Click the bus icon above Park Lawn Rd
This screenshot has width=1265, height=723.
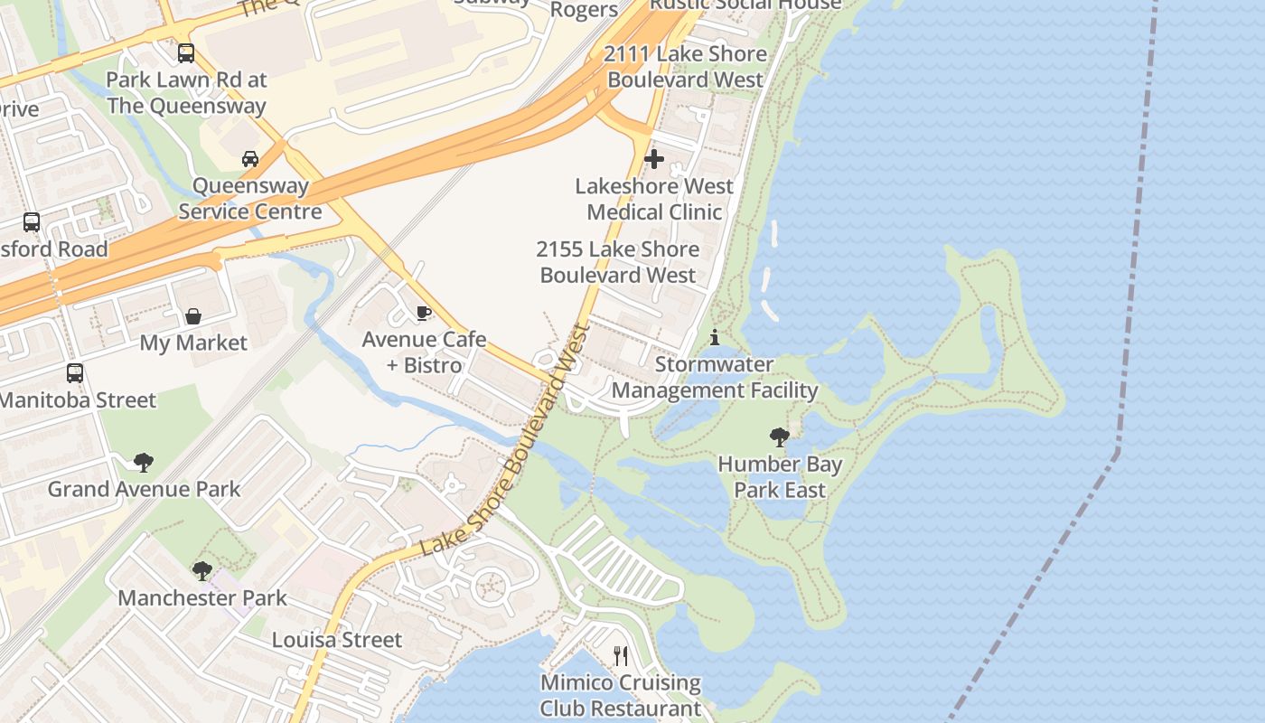tap(185, 53)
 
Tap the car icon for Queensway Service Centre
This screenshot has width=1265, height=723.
tap(250, 159)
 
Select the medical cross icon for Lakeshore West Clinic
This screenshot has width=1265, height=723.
tap(654, 160)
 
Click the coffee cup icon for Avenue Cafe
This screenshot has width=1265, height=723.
tap(423, 314)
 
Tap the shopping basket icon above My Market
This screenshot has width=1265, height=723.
tap(193, 316)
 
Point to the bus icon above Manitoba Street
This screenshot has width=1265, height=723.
tap(75, 372)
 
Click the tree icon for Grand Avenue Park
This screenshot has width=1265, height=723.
tap(143, 463)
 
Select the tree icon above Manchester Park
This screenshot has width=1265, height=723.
tap(202, 571)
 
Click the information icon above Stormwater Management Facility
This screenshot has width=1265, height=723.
tap(715, 338)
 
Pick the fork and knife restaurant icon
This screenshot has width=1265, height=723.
tap(620, 656)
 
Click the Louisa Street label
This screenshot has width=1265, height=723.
tap(337, 640)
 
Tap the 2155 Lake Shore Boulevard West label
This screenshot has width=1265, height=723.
tap(618, 262)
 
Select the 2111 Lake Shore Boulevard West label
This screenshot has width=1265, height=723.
tap(686, 67)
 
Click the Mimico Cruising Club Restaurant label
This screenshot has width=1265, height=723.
tap(620, 695)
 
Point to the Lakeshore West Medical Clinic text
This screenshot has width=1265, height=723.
tap(654, 200)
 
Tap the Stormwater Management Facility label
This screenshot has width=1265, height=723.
tap(715, 378)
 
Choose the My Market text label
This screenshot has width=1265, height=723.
tap(193, 343)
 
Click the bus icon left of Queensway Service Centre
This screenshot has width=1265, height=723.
tap(32, 222)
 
